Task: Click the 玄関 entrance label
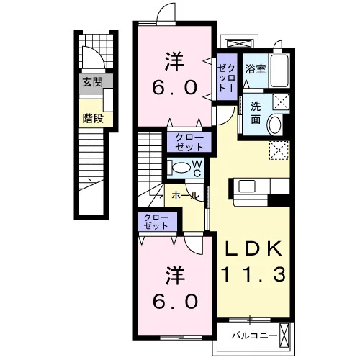click(93, 83)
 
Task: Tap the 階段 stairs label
click(93, 118)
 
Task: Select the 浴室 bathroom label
click(256, 69)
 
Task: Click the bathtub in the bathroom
click(279, 71)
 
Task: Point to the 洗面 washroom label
click(256, 113)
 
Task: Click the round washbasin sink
click(276, 124)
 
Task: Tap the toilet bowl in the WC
click(181, 167)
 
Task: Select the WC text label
click(197, 168)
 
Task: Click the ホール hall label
click(185, 196)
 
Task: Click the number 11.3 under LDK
click(254, 274)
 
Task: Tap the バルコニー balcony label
click(254, 336)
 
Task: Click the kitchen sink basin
click(247, 186)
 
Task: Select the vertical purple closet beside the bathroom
click(227, 77)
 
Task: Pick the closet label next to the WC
click(189, 142)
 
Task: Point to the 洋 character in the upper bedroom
click(174, 61)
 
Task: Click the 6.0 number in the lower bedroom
click(176, 302)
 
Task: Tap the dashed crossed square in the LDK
click(279, 150)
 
